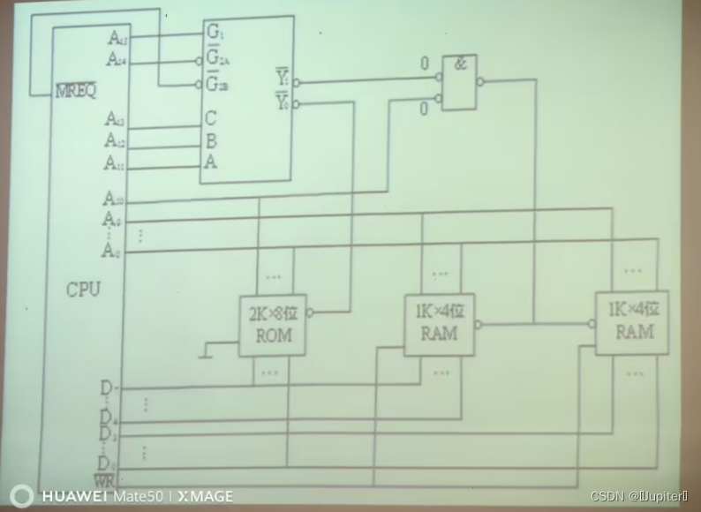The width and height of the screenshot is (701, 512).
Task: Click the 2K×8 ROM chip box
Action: [x=273, y=326]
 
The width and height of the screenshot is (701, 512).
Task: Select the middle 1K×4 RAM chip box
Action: [x=439, y=324]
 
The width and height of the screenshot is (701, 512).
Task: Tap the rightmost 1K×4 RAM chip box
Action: [x=631, y=322]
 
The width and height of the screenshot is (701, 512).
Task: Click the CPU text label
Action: [x=83, y=290]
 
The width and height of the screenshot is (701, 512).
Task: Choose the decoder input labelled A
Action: [x=211, y=162]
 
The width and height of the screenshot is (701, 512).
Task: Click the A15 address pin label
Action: [x=117, y=38]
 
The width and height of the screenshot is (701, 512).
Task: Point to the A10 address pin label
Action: [x=114, y=199]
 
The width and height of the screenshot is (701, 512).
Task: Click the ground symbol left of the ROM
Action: [x=205, y=353]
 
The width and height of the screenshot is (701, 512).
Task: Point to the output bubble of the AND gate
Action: [x=479, y=82]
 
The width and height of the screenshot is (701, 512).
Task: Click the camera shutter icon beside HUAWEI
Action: [x=21, y=495]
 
